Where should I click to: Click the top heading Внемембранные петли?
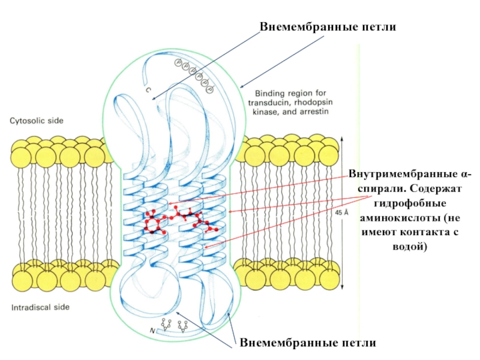click(x=328, y=28)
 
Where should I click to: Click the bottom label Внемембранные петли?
click(x=308, y=343)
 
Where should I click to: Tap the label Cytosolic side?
click(x=36, y=121)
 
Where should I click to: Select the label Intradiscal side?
click(x=40, y=307)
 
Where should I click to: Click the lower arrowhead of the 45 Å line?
click(x=342, y=287)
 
